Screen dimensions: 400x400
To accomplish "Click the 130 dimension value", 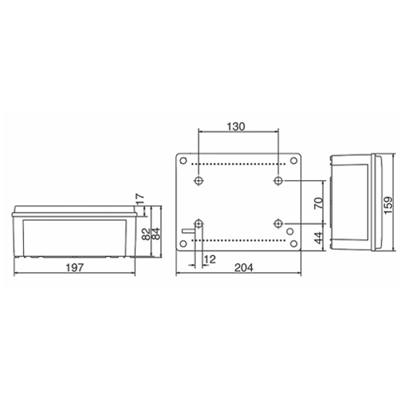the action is pyautogui.click(x=236, y=126).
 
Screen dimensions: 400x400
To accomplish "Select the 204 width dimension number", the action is pyautogui.click(x=244, y=267).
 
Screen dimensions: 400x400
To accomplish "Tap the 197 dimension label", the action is pyautogui.click(x=74, y=267).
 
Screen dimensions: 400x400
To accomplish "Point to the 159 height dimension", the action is pyautogui.click(x=388, y=205).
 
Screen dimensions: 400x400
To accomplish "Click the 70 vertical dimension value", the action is pyautogui.click(x=318, y=203).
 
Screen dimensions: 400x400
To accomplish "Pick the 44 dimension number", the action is pyautogui.click(x=318, y=238).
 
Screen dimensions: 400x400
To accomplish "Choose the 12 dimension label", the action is pyautogui.click(x=210, y=259).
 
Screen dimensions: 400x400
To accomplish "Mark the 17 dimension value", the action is pyautogui.click(x=140, y=198).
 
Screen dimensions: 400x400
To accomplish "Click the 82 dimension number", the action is pyautogui.click(x=146, y=234).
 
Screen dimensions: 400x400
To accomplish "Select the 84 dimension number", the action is pyautogui.click(x=156, y=234).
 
